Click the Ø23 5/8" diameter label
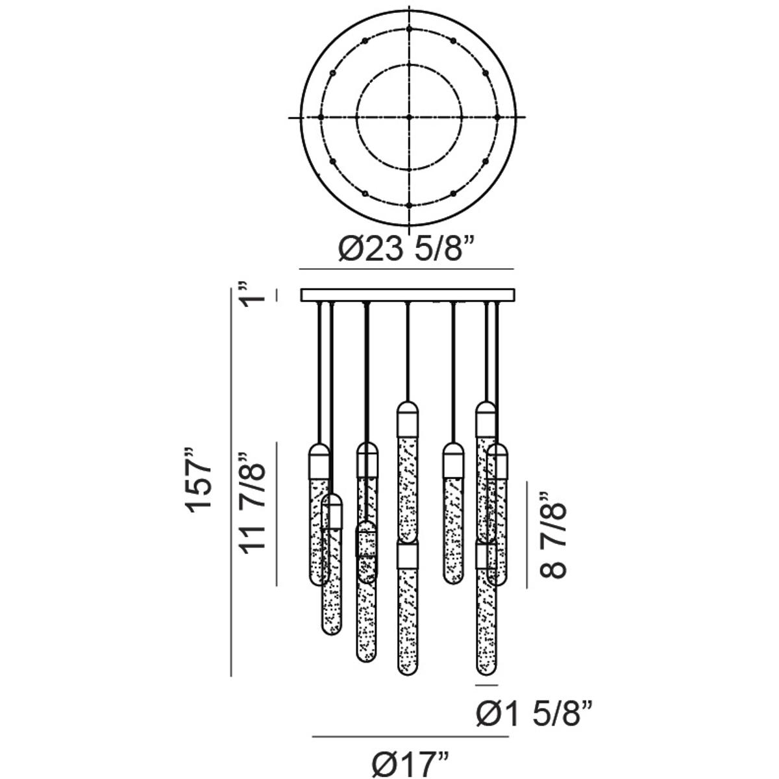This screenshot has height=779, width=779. [x=406, y=249]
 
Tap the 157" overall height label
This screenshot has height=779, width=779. [x=199, y=480]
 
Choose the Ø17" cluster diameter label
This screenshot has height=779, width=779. [x=410, y=762]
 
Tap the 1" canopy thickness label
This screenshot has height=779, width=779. [x=252, y=295]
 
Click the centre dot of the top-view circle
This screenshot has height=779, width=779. [x=409, y=117]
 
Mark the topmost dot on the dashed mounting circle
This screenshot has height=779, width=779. [x=409, y=29]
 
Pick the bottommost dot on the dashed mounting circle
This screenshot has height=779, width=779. [x=409, y=205]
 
